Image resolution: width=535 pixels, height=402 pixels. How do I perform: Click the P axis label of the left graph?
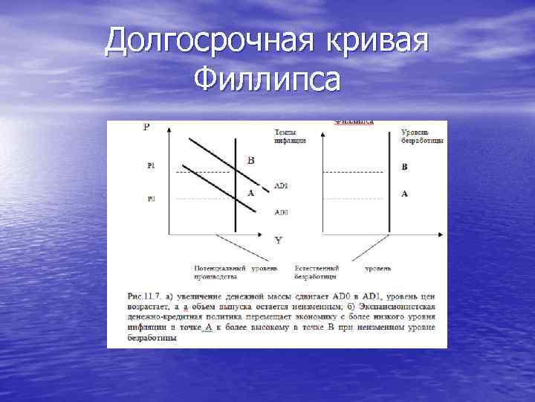point(146,127)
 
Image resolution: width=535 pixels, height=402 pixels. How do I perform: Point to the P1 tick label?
point(151,167)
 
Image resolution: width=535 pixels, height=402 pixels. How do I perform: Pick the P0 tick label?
point(151,199)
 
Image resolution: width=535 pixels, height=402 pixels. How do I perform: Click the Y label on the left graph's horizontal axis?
point(277,240)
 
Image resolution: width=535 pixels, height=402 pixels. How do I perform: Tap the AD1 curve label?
point(281,185)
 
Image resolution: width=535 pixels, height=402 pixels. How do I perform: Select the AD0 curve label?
point(281,212)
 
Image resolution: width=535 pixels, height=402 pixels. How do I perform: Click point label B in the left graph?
point(250,160)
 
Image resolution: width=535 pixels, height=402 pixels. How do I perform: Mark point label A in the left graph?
point(250,193)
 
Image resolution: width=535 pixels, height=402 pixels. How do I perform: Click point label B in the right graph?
point(404,167)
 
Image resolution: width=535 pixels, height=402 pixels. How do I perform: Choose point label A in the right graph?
point(404,194)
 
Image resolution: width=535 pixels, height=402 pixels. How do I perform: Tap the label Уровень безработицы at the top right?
point(413,135)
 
